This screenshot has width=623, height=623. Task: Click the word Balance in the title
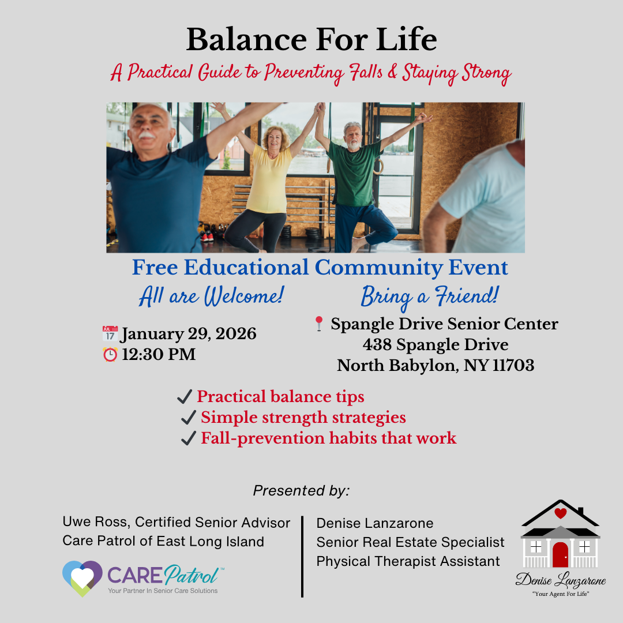(x=246, y=40)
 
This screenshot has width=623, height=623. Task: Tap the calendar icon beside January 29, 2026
(x=110, y=333)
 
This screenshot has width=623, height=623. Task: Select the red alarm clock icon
(x=110, y=354)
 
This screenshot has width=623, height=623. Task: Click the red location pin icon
(x=318, y=324)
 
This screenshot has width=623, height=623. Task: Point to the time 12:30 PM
(x=159, y=354)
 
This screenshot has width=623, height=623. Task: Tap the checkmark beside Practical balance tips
(x=185, y=396)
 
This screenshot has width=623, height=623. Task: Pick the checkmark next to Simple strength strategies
(x=188, y=417)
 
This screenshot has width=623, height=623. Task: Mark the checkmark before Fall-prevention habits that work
(x=188, y=438)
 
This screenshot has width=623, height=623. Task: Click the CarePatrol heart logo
(x=82, y=578)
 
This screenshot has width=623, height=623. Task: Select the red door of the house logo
(x=560, y=555)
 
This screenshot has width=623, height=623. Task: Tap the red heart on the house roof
(x=560, y=513)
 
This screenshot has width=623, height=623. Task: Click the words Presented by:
(x=301, y=491)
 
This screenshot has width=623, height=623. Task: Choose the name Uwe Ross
(x=96, y=521)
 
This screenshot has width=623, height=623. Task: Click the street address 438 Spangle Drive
(x=436, y=344)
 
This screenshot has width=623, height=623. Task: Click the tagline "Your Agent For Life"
(x=561, y=594)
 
